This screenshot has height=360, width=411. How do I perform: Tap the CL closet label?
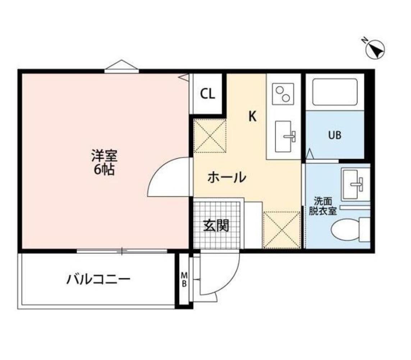[207, 94]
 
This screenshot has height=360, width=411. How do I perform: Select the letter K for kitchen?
[253, 116]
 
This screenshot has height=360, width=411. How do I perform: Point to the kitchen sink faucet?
[290, 136]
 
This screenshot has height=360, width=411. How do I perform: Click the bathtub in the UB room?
[335, 92]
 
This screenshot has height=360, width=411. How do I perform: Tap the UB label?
[334, 136]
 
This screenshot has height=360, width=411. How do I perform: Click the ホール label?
[227, 177]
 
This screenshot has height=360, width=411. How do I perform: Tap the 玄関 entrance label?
[216, 226]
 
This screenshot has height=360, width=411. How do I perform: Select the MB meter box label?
[184, 279]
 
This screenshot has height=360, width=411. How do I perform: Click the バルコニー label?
[98, 279]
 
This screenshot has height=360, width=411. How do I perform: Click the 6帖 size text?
[104, 170]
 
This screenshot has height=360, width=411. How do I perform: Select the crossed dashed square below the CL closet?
[210, 136]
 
